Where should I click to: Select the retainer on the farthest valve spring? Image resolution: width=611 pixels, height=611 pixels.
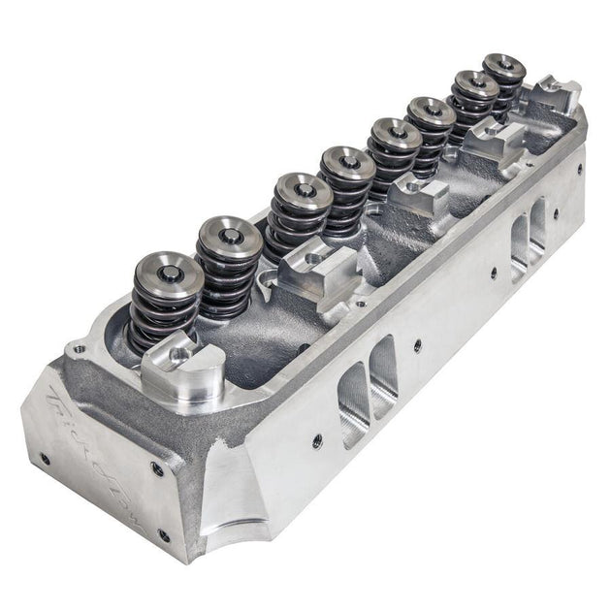tap(504, 66)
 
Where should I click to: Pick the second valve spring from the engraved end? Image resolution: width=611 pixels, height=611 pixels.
tap(229, 262)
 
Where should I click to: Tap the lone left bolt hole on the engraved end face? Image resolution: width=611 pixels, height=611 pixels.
tap(45, 458)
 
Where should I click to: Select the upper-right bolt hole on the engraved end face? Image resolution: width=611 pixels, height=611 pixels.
tap(157, 469)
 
